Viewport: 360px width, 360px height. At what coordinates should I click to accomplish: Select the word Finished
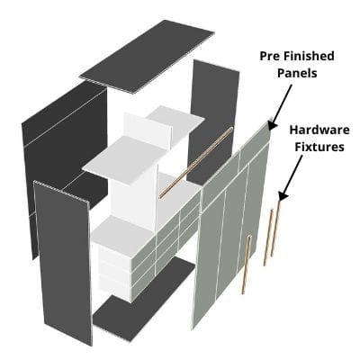pyautogui.click(x=309, y=56)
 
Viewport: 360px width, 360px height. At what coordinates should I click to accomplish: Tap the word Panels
pyautogui.click(x=297, y=73)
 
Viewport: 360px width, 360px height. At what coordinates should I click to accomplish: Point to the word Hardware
pyautogui.click(x=319, y=130)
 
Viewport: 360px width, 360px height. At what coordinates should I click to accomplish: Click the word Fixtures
pyautogui.click(x=319, y=147)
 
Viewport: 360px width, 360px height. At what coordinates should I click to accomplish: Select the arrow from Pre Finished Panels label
pyautogui.click(x=281, y=107)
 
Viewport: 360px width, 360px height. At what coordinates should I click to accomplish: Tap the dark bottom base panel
pyautogui.click(x=144, y=300)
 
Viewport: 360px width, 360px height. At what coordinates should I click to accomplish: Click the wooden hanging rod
pyautogui.click(x=196, y=162)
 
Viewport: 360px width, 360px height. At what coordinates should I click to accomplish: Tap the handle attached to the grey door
pyautogui.click(x=247, y=265)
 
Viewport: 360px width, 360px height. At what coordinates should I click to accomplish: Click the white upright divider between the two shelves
pyautogui.click(x=147, y=132)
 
